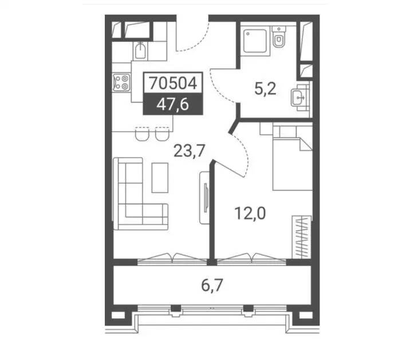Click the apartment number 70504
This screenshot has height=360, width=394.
point(173,83)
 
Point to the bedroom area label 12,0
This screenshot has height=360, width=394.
point(250,213)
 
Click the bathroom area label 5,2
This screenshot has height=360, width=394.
point(265,89)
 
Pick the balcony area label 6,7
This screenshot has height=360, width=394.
point(212,285)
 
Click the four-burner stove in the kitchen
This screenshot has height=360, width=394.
point(122,83)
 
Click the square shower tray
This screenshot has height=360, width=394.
point(255,41)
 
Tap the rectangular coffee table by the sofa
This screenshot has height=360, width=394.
point(160,178)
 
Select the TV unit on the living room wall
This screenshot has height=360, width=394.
point(204,198)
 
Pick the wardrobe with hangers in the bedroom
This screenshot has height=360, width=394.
point(302,237)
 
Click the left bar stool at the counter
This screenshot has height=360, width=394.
point(142,134)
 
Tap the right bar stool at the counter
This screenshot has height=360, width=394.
point(162,134)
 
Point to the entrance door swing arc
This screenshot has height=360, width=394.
point(199,43)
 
